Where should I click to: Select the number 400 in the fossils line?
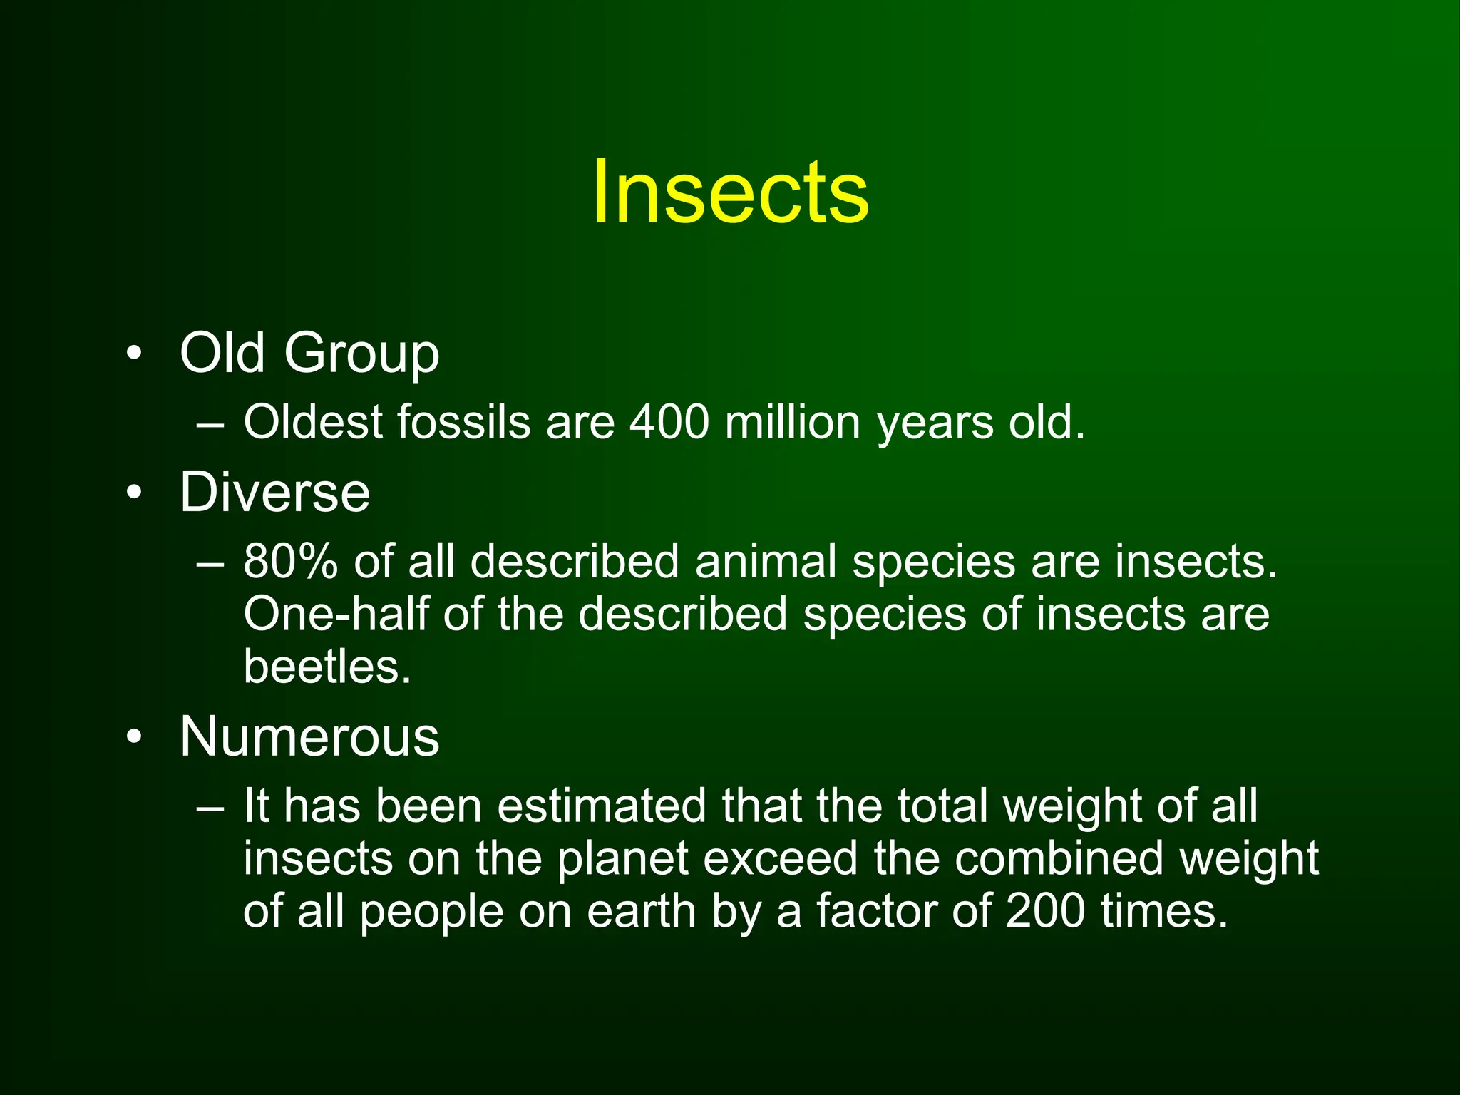[669, 422]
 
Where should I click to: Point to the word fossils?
[463, 422]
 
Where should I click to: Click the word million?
[793, 422]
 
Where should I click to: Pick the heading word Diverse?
[274, 492]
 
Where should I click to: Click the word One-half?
[336, 614]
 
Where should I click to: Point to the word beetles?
[327, 667]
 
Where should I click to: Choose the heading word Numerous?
[309, 736]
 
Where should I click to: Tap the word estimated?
[601, 806]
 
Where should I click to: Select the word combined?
[1058, 858]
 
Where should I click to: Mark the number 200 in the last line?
[1045, 911]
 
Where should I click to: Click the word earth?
[641, 911]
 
